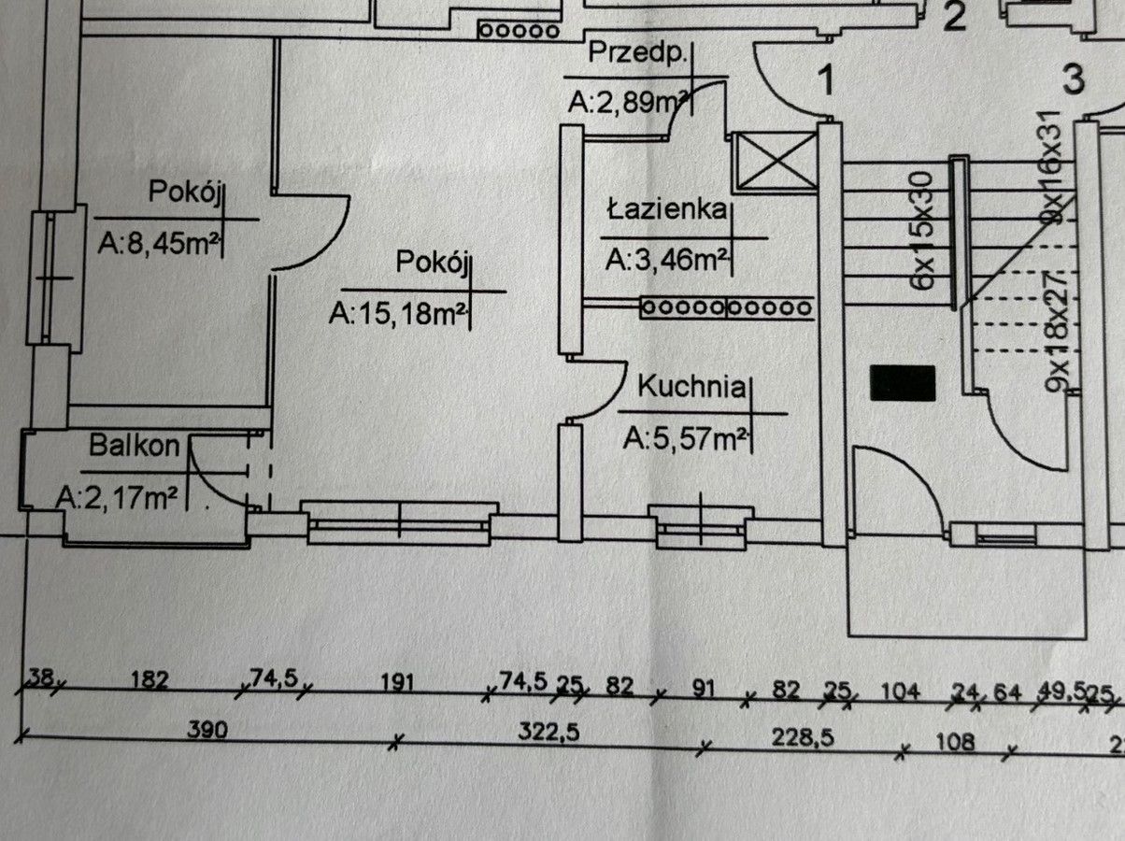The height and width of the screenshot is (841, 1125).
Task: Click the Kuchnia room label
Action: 691,388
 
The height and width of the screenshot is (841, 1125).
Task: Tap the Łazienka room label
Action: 667,210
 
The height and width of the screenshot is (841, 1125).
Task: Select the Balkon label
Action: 135,446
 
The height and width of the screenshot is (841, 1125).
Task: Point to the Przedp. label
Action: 636,53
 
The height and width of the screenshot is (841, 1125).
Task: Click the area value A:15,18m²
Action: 397,314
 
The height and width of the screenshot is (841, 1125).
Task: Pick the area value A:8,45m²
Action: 158,244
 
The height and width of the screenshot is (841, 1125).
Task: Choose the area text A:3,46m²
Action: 666,261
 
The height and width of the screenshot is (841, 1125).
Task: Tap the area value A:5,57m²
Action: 685,439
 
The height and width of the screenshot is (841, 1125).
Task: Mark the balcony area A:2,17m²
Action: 117,498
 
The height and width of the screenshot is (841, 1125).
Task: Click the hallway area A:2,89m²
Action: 628,103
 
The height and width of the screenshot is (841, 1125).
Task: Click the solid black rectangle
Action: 903,383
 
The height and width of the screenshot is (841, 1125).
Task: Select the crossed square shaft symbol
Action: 776,162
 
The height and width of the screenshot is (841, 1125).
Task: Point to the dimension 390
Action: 207,730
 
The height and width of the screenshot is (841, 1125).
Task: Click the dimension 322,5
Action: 548,732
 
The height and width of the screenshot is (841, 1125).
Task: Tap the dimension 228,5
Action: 803,738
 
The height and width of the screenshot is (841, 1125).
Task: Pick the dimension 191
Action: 397,683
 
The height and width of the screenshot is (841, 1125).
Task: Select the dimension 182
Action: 150,680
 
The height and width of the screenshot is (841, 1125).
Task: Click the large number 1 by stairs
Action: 826,81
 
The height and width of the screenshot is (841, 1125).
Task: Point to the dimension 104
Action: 901,691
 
